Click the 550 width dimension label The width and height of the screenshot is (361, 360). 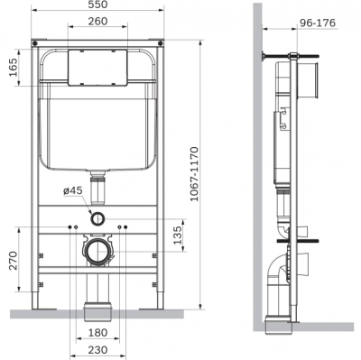[97, 5]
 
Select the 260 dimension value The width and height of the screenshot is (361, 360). [97, 21]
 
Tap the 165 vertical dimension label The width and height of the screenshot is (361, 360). [14, 68]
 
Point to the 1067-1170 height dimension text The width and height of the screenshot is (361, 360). [194, 174]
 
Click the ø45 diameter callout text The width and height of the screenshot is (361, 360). [72, 190]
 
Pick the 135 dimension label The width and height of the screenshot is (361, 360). [178, 235]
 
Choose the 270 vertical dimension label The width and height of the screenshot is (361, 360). [14, 261]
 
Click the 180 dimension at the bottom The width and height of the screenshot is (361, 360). [97, 333]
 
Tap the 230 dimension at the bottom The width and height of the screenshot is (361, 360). [97, 350]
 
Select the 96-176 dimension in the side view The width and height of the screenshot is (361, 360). [318, 23]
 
